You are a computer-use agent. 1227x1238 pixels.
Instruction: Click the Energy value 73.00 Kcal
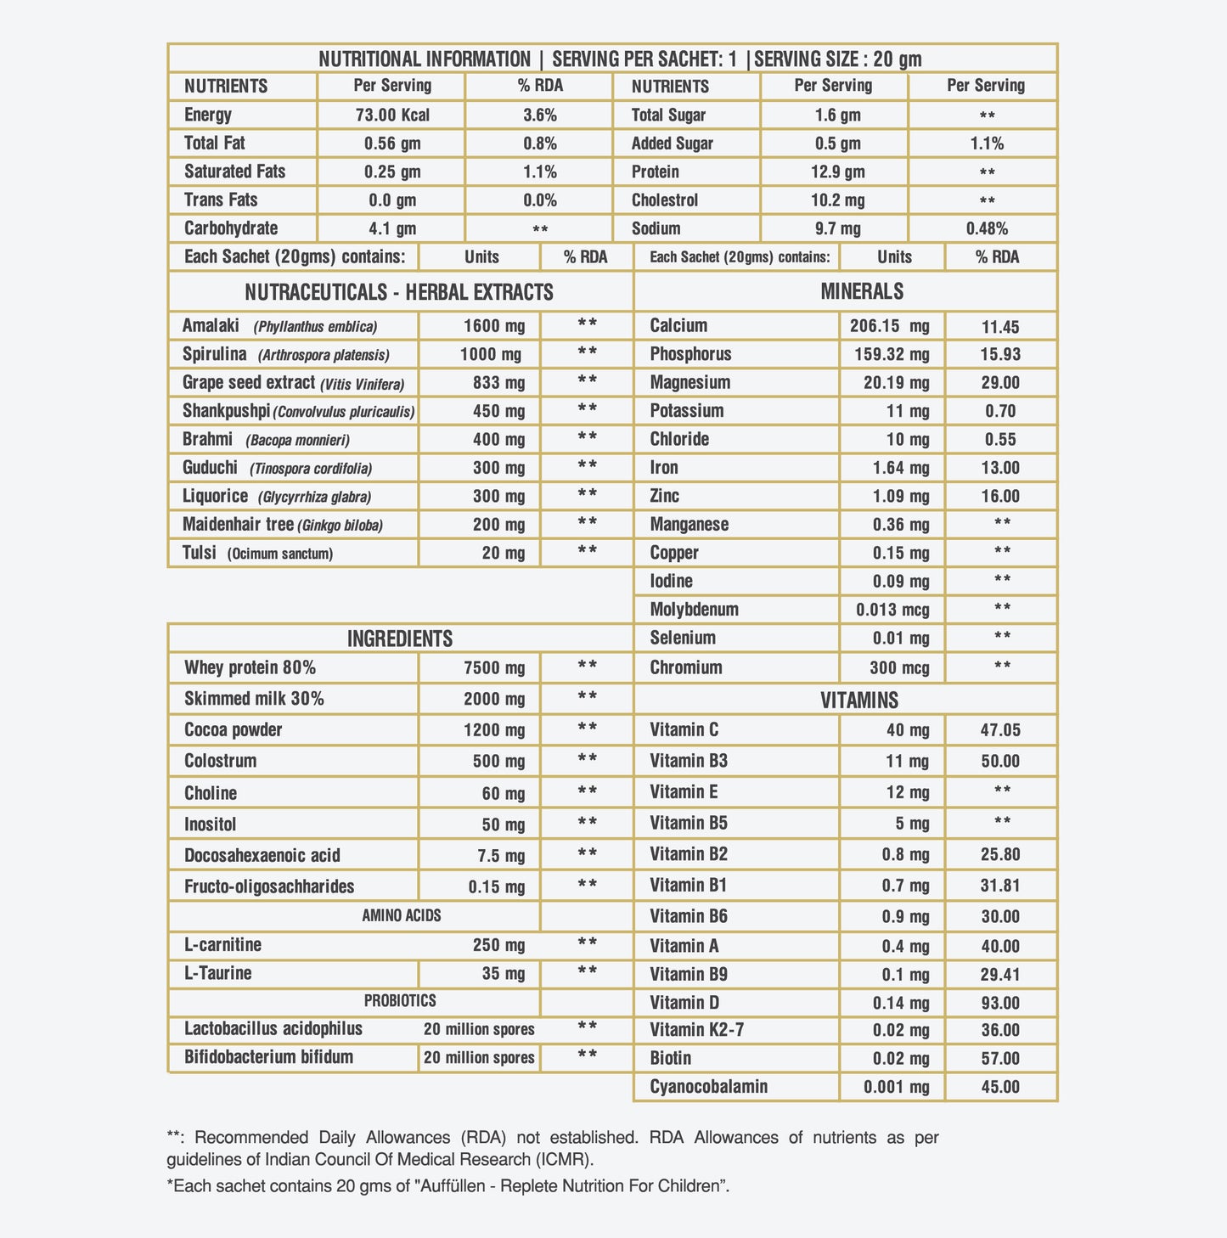391,115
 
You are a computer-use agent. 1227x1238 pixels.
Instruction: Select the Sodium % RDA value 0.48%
987,228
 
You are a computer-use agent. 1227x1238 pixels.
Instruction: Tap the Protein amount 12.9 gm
837,172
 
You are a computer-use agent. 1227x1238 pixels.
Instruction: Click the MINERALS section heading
861,292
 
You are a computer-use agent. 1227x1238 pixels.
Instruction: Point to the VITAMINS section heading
859,701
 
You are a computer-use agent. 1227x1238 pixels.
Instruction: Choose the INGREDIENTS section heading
399,639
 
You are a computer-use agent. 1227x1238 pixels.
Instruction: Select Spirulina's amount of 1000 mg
490,355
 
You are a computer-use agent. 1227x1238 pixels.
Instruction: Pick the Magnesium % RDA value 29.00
1000,383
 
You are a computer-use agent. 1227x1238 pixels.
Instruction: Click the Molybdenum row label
694,610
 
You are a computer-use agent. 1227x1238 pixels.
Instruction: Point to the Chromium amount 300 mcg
899,667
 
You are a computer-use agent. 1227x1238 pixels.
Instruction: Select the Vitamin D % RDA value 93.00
1000,1003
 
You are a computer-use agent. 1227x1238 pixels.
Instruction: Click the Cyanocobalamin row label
708,1087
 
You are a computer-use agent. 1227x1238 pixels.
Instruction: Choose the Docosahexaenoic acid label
262,856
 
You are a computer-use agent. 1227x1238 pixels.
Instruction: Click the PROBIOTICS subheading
399,1001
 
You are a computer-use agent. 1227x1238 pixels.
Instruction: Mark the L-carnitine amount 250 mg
498,945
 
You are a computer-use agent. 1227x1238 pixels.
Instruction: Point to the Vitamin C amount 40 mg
907,730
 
